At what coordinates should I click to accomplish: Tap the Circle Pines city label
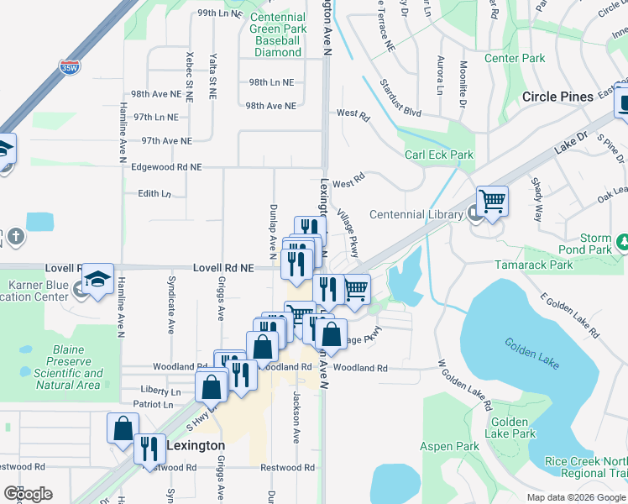click(557, 97)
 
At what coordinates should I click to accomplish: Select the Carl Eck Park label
click(439, 155)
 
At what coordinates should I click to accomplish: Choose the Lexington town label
click(196, 445)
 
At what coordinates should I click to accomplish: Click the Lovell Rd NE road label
click(223, 268)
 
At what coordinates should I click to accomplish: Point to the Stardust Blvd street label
click(400, 110)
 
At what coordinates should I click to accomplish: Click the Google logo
click(28, 494)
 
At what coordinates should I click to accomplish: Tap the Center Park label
click(515, 59)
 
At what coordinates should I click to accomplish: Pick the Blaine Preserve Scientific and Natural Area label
click(70, 374)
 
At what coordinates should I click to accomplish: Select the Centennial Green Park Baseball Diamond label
click(277, 34)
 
